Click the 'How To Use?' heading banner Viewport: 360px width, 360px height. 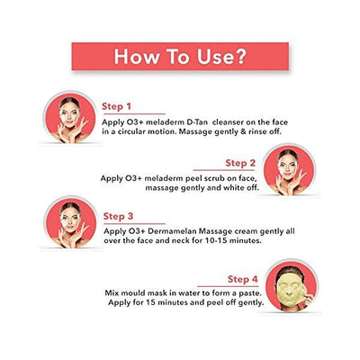coord(180,55)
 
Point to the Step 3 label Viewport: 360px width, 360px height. coord(119,216)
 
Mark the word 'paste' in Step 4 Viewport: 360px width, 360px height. coord(249,293)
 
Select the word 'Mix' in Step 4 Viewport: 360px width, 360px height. coord(112,293)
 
